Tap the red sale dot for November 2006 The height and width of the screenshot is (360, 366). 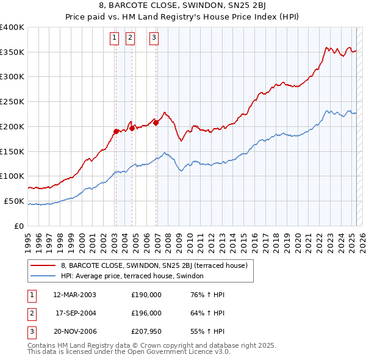tap(156, 123)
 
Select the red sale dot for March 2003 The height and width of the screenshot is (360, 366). tap(116, 131)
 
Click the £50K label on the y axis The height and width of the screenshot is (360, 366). tap(14, 201)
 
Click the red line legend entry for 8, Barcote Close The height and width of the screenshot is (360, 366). tap(153, 265)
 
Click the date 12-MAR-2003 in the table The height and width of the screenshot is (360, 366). tap(74, 295)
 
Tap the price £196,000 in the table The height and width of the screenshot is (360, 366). tap(146, 313)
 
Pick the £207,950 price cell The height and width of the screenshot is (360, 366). tap(146, 331)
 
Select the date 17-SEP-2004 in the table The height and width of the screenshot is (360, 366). tap(74, 313)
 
